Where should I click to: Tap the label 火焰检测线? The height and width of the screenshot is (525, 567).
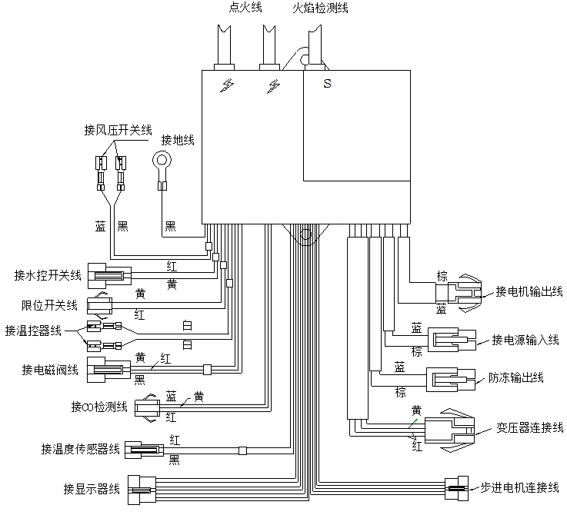(320, 8)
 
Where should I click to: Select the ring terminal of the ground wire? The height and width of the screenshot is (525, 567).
(162, 162)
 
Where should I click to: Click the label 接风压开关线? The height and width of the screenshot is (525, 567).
(118, 130)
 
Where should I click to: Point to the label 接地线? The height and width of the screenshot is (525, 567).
(177, 140)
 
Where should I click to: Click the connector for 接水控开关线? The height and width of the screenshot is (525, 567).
(108, 274)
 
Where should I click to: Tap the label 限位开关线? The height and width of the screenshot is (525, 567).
(49, 305)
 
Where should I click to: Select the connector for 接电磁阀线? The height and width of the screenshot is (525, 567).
(108, 370)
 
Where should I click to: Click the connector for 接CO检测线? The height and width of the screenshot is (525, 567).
(148, 407)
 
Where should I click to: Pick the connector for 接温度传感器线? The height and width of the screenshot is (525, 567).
(143, 450)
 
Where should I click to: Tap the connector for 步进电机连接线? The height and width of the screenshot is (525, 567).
(457, 488)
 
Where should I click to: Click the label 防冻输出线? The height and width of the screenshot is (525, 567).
(515, 377)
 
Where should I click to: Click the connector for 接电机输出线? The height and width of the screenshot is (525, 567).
(466, 292)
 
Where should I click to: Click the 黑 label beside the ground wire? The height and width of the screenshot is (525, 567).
(170, 227)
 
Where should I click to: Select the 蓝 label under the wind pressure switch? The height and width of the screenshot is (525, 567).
(101, 227)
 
